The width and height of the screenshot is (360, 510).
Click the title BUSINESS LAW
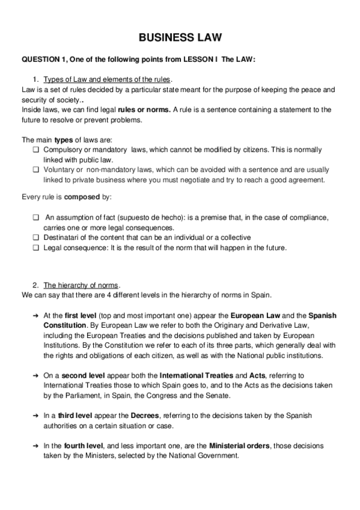[180, 38]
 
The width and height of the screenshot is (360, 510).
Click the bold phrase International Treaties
[197, 375]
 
